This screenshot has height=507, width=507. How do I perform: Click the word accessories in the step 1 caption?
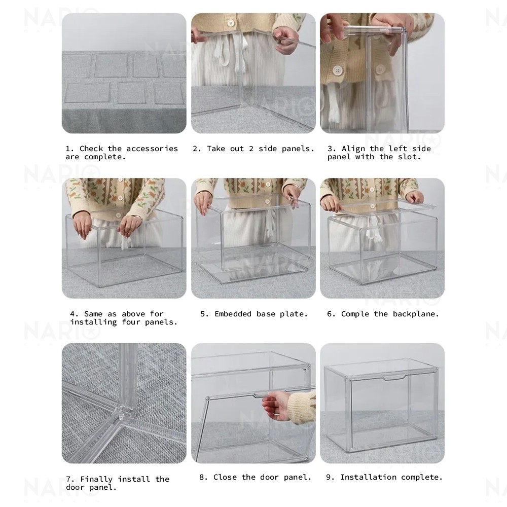tap(152, 149)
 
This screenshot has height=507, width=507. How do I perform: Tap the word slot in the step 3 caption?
tap(410, 157)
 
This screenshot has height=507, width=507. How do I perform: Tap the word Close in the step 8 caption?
tap(225, 477)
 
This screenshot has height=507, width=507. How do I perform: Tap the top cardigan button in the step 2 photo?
tap(231, 23)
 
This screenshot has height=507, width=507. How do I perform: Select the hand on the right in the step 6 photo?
tap(415, 197)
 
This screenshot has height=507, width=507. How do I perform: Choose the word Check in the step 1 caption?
tap(91, 149)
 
